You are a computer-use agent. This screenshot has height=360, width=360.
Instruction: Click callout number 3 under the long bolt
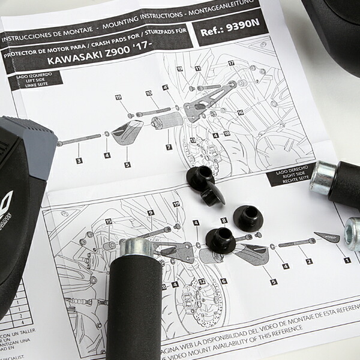tap(79, 160)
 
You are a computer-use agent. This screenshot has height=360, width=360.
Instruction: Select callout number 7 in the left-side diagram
tap(169, 147)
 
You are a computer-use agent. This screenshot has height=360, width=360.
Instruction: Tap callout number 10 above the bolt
tap(149, 94)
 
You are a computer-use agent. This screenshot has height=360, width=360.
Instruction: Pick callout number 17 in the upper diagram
tap(231, 63)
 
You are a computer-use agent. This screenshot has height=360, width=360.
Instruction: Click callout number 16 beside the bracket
tap(240, 112)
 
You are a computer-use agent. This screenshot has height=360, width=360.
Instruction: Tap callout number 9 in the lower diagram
tap(151, 212)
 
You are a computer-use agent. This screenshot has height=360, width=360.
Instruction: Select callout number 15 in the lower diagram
tap(109, 221)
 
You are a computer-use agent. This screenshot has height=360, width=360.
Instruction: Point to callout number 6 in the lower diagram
tap(223, 281)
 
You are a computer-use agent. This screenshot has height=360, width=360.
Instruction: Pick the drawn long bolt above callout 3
tap(80, 140)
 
